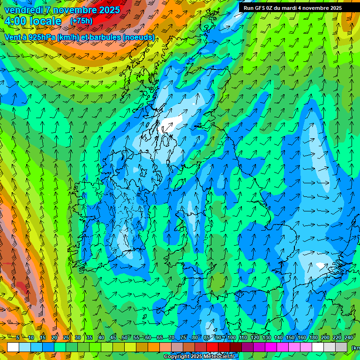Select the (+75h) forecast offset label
click(x=81, y=21)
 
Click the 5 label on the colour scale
click(x=18, y=338)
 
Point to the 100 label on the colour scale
click(x=231, y=338)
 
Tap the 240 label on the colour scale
click(x=348, y=338)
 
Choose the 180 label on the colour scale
click(x=313, y=338)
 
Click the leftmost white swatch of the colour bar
click(x=13, y=347)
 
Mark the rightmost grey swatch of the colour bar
click(x=342, y=347)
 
